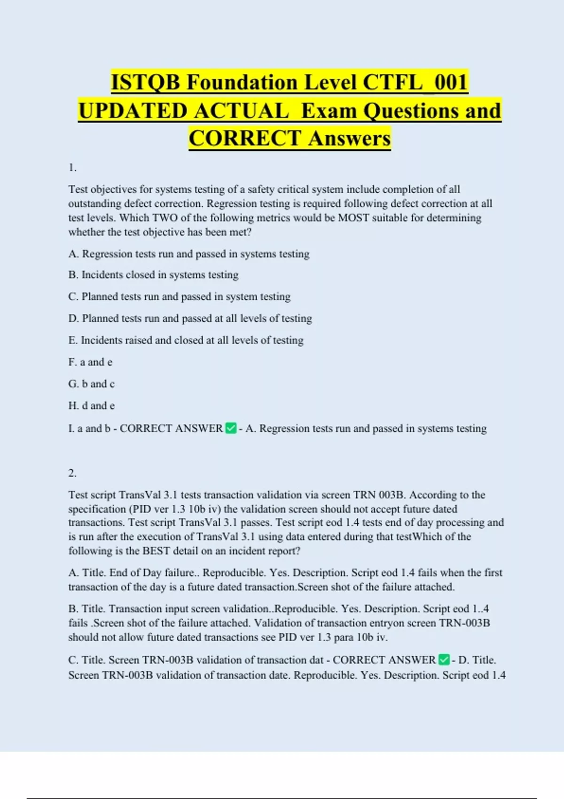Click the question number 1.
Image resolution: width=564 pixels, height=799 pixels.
point(72,168)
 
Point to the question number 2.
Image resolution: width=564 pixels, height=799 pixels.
point(72,473)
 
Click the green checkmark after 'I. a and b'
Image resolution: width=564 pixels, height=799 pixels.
point(231,428)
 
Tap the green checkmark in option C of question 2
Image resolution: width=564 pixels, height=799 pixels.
point(444,660)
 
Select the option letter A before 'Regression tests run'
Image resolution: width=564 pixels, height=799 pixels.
point(73,254)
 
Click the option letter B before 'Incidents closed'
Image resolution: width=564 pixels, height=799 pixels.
point(73,275)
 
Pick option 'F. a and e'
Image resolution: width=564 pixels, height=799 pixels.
point(90,362)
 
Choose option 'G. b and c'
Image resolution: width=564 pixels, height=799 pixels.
point(91,384)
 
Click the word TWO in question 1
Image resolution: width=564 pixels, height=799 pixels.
point(165,218)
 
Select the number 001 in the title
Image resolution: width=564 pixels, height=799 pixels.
point(450,82)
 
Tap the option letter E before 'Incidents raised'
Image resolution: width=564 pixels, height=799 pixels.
point(72,340)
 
